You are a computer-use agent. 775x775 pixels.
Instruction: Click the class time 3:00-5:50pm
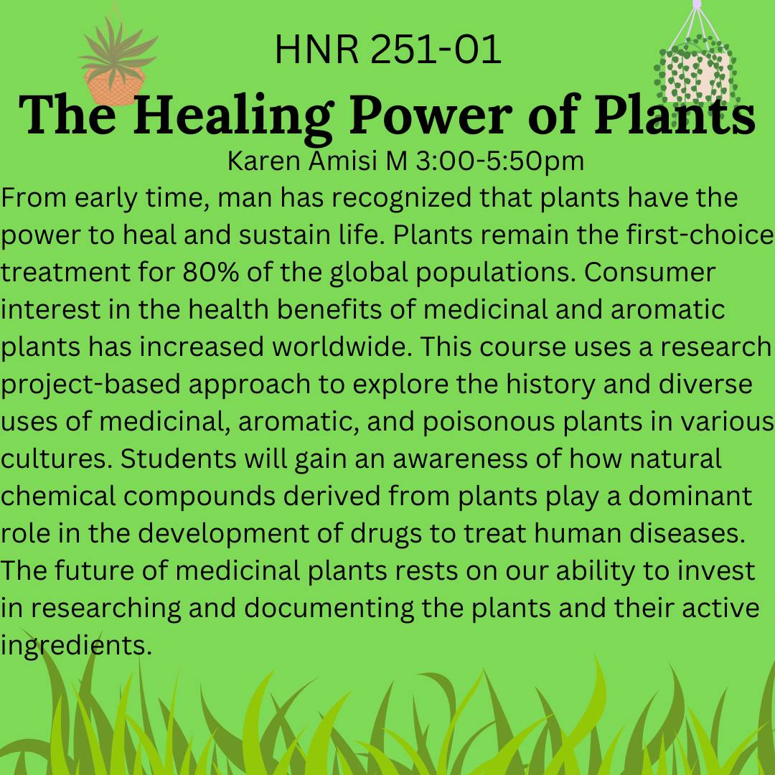coord(495,161)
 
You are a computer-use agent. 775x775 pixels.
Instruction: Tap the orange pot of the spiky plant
coord(114,85)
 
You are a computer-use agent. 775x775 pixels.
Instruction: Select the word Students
coord(184,459)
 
